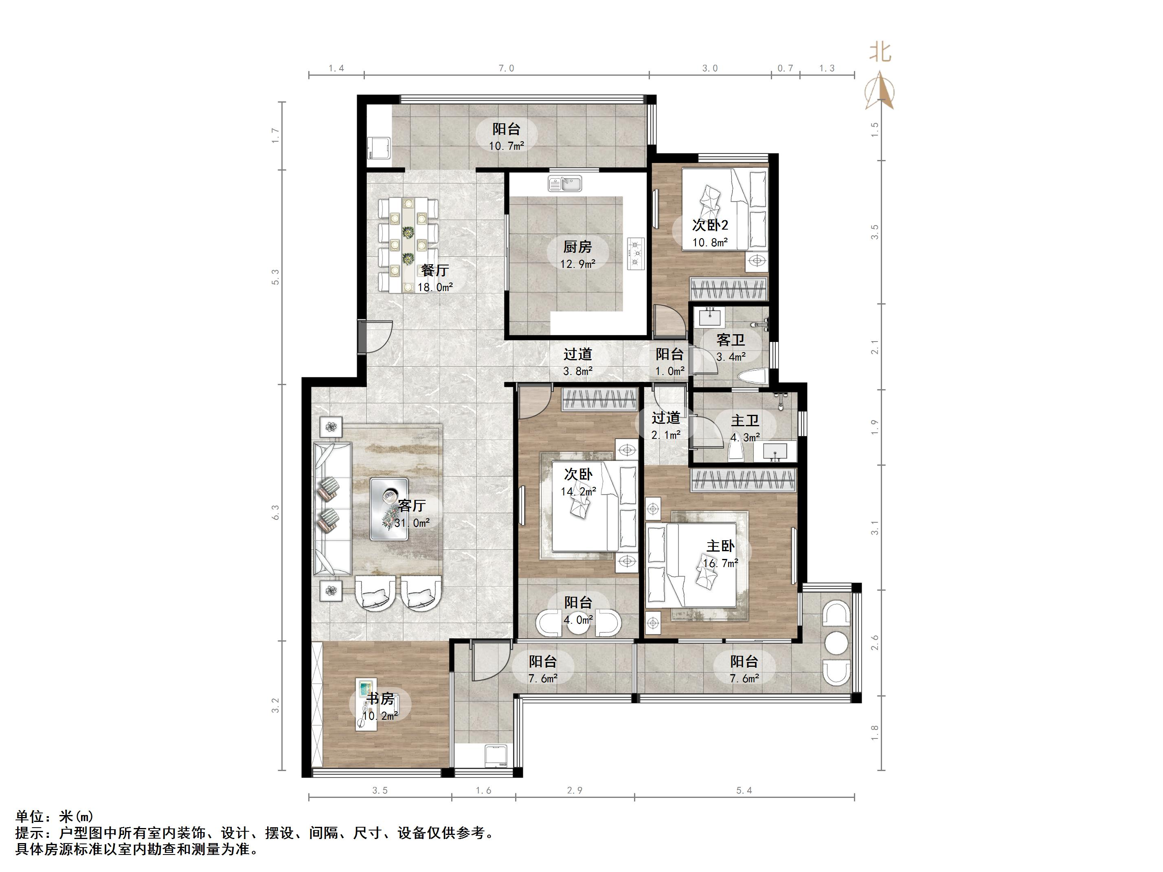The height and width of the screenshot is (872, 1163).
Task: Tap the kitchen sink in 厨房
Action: (565, 184)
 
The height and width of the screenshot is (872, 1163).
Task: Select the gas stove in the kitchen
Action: (636, 254)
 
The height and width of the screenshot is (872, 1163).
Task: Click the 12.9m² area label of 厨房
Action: (577, 263)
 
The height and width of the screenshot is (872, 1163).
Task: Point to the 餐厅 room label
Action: (435, 270)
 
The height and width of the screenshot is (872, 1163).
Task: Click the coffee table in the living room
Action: (389, 508)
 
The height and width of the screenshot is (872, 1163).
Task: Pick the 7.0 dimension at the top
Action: (506, 68)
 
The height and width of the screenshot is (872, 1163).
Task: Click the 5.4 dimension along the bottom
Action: (744, 805)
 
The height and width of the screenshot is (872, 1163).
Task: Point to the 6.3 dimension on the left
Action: (276, 513)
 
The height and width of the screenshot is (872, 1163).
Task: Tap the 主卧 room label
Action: (720, 546)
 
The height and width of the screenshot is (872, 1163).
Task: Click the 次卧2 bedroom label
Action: (710, 225)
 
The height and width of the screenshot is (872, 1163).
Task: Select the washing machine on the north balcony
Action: (379, 148)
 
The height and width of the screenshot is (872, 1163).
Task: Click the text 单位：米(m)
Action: (55, 816)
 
